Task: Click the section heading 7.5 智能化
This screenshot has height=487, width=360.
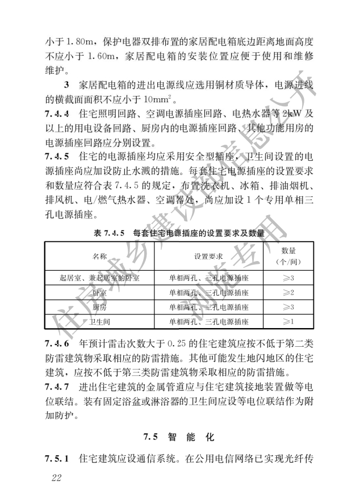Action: [180, 437]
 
